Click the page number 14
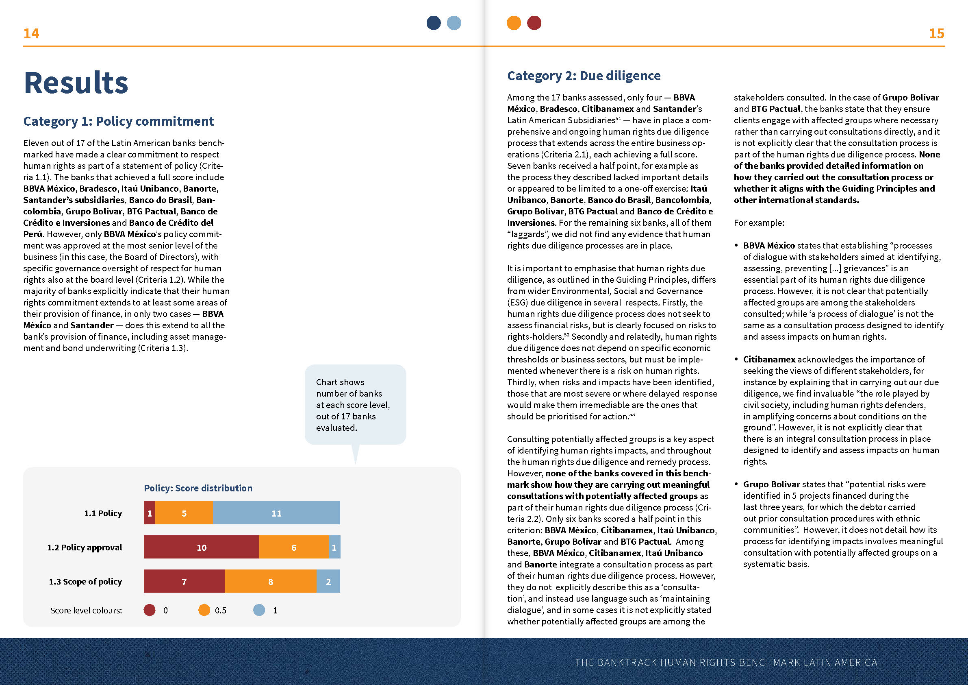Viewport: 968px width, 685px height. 31,33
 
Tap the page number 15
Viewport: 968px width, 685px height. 936,33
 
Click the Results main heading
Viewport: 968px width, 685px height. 76,83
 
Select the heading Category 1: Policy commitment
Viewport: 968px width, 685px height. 119,121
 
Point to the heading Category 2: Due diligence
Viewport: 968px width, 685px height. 584,76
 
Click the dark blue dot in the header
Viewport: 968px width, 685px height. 434,23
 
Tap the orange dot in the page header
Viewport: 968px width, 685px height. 514,23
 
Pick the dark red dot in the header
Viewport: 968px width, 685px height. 534,23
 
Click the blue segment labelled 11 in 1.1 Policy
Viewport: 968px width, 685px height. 276,513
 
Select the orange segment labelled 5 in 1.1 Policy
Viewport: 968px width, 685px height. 184,513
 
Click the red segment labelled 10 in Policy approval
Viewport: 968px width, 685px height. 202,547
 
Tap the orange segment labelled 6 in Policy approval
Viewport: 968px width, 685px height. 293,547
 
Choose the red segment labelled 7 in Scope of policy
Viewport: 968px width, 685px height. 184,581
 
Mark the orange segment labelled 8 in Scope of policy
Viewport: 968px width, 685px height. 270,581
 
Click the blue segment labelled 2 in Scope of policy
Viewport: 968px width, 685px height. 328,581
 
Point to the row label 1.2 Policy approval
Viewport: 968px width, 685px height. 85,548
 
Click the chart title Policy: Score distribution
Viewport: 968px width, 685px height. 198,488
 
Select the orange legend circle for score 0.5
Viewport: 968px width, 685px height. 204,610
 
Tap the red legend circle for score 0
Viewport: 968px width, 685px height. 150,610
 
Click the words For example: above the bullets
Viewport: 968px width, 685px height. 759,223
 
